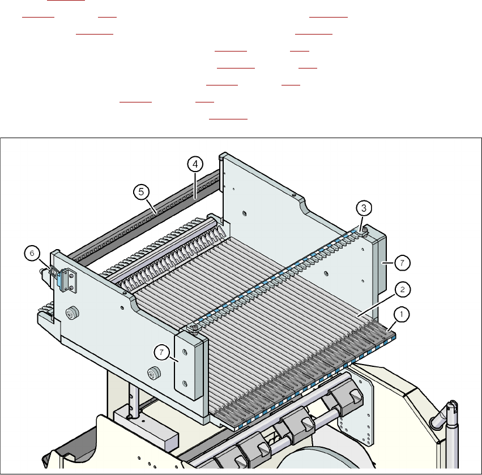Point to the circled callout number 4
click(194, 165)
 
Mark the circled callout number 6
click(33, 254)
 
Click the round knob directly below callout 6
click(72, 314)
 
